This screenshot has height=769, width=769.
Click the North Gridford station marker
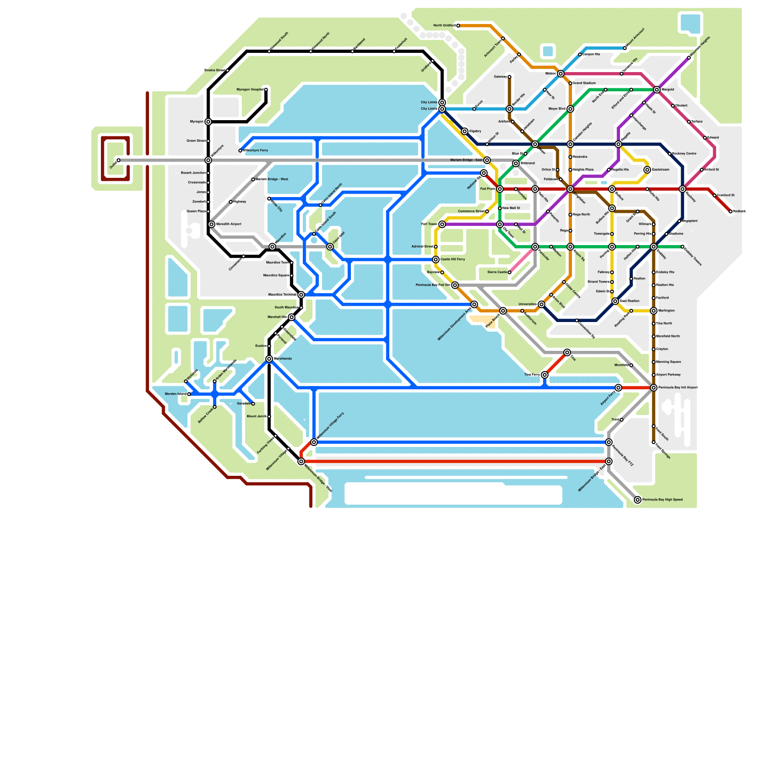click(x=458, y=25)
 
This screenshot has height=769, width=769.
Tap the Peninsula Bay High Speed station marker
click(x=638, y=500)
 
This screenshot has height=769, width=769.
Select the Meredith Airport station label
click(x=228, y=224)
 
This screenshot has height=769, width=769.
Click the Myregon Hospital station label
click(x=249, y=90)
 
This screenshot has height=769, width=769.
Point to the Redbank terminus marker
click(x=731, y=211)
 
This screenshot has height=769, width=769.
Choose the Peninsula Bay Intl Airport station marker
click(x=654, y=388)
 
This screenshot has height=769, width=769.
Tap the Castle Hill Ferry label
click(x=452, y=260)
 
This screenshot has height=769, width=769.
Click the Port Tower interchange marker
click(x=442, y=224)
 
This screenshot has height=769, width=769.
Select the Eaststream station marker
click(x=647, y=170)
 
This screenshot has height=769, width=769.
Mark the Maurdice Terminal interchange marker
click(x=301, y=295)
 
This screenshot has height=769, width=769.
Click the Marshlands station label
click(x=283, y=359)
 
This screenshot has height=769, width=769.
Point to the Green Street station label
click(x=196, y=141)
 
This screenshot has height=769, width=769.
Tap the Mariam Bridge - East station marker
click(x=487, y=160)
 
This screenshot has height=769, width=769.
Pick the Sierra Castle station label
click(x=497, y=273)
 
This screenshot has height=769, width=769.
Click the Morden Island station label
click(x=175, y=394)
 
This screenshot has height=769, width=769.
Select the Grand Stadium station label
click(x=584, y=83)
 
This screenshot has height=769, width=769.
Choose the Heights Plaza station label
click(x=583, y=170)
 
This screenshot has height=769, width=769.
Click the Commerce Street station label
click(x=471, y=211)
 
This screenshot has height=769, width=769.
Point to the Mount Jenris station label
click(x=256, y=417)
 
